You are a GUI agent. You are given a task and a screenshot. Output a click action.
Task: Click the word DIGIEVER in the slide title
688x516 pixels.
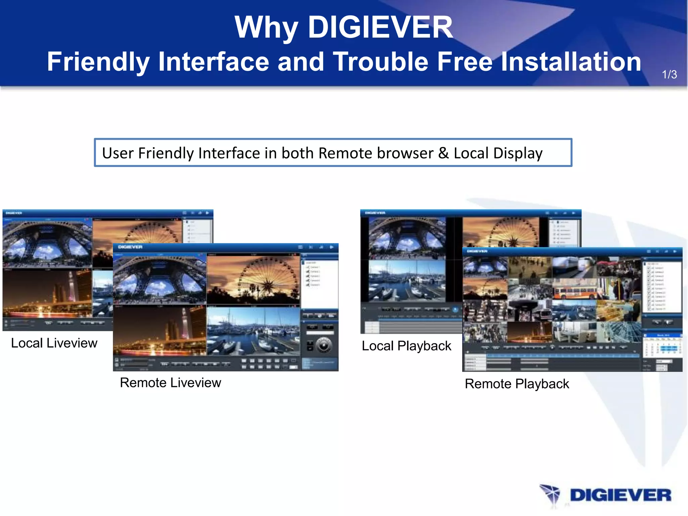[380, 28]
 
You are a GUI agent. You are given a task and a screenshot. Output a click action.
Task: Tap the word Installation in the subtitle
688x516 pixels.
[571, 62]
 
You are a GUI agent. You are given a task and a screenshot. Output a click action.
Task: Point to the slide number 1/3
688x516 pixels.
[669, 74]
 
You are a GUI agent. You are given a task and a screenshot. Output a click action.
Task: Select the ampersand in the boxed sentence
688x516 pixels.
[443, 153]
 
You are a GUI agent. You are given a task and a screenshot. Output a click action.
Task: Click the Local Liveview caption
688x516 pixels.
[54, 343]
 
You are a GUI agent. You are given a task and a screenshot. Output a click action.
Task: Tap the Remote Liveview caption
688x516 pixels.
[170, 383]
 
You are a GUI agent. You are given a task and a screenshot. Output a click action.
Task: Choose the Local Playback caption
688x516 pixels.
[406, 346]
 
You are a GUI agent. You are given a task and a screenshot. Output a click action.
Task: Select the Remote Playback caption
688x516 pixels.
[517, 384]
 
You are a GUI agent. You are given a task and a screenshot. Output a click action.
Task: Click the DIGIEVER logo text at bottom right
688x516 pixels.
[620, 496]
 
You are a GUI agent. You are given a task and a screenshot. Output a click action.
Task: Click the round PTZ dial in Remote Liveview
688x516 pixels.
[324, 345]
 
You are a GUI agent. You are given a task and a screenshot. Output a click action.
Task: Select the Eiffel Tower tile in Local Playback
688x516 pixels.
[407, 238]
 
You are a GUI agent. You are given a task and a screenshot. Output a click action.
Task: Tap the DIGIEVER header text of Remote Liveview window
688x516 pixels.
[130, 247]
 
